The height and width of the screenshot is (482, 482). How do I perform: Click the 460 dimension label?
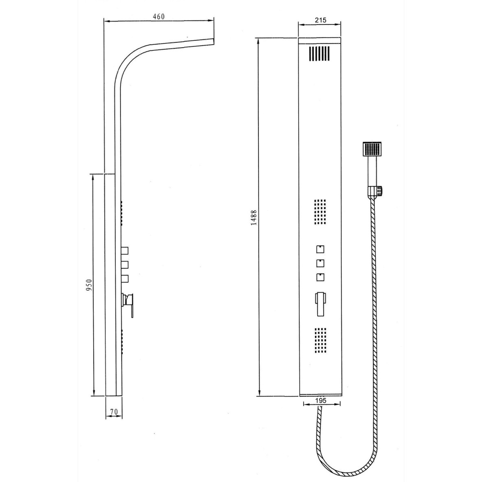[x=159, y=17]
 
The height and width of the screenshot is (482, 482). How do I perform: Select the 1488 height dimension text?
[x=254, y=218]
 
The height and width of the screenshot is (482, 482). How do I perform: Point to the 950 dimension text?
[x=89, y=285]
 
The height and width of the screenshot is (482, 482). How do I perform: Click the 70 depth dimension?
[x=114, y=412]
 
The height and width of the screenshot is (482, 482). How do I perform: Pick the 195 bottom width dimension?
[x=321, y=401]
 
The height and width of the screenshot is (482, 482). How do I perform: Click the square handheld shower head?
[x=372, y=149]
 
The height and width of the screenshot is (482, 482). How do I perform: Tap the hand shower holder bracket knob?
[x=380, y=191]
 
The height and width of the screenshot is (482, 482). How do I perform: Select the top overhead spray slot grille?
[x=319, y=54]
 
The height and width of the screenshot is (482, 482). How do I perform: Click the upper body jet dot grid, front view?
[x=320, y=212]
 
